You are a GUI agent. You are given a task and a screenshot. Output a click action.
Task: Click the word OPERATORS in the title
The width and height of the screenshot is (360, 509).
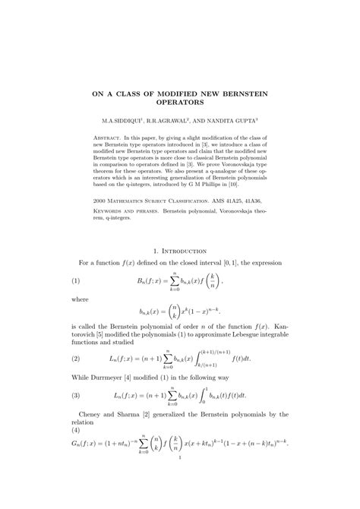[x=180, y=100]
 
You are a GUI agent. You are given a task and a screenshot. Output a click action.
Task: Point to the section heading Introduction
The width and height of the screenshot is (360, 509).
[x=186, y=250]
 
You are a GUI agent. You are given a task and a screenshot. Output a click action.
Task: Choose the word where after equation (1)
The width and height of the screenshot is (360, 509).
[x=81, y=300]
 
